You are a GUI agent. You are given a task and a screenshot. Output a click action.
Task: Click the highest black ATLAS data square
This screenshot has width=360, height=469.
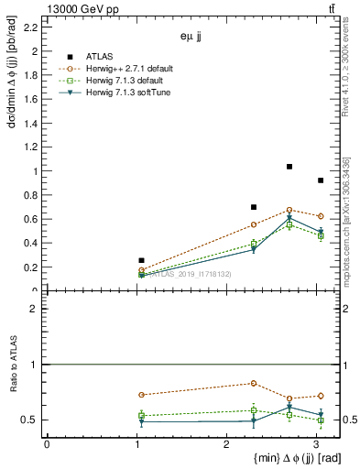tap(289, 167)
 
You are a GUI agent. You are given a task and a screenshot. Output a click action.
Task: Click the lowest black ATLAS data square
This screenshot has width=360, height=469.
tap(141, 260)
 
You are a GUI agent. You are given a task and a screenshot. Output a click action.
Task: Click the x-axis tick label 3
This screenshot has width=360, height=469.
tap(317, 443)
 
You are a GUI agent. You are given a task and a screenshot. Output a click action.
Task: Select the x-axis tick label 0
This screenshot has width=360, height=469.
tap(47, 443)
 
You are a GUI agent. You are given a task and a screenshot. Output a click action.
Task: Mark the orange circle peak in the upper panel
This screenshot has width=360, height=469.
tap(289, 210)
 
